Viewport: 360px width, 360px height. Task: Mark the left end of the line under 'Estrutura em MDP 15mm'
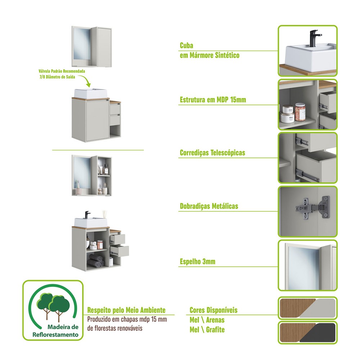click(179, 105)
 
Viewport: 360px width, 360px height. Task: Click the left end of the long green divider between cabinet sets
click(52, 150)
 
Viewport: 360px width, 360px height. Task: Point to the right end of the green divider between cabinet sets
click(144, 150)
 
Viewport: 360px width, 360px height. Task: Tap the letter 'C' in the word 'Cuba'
click(182, 45)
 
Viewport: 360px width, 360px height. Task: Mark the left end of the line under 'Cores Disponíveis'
click(186, 315)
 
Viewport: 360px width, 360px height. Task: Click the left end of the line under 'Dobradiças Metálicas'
click(179, 211)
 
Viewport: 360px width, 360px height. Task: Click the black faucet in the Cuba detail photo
click(315, 38)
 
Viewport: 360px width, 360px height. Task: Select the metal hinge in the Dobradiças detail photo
click(313, 208)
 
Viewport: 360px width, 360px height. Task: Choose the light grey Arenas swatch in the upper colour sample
click(318, 308)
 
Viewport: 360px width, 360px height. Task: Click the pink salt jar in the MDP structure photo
click(300, 112)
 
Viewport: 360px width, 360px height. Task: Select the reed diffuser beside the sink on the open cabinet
click(105, 215)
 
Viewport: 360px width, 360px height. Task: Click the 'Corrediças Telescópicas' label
click(212, 153)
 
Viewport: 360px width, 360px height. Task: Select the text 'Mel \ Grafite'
click(207, 329)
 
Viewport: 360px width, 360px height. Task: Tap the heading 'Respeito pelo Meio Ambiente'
click(126, 310)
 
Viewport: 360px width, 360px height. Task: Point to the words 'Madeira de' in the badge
click(63, 327)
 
